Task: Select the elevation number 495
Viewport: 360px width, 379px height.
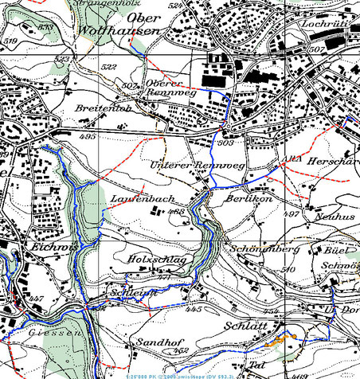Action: pos(88,137)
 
